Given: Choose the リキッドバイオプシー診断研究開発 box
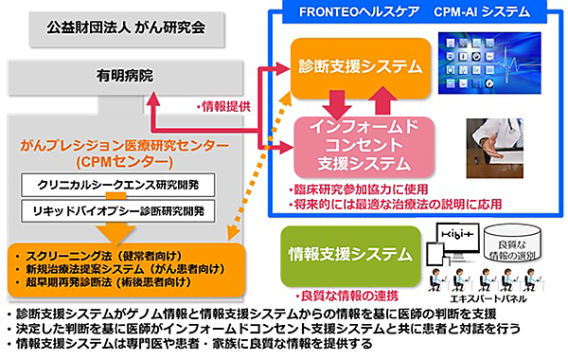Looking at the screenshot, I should click(125, 207).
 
